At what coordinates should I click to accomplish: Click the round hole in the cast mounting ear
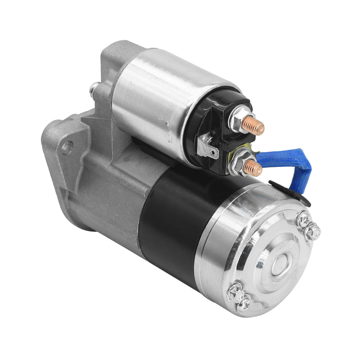[x=67, y=147]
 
